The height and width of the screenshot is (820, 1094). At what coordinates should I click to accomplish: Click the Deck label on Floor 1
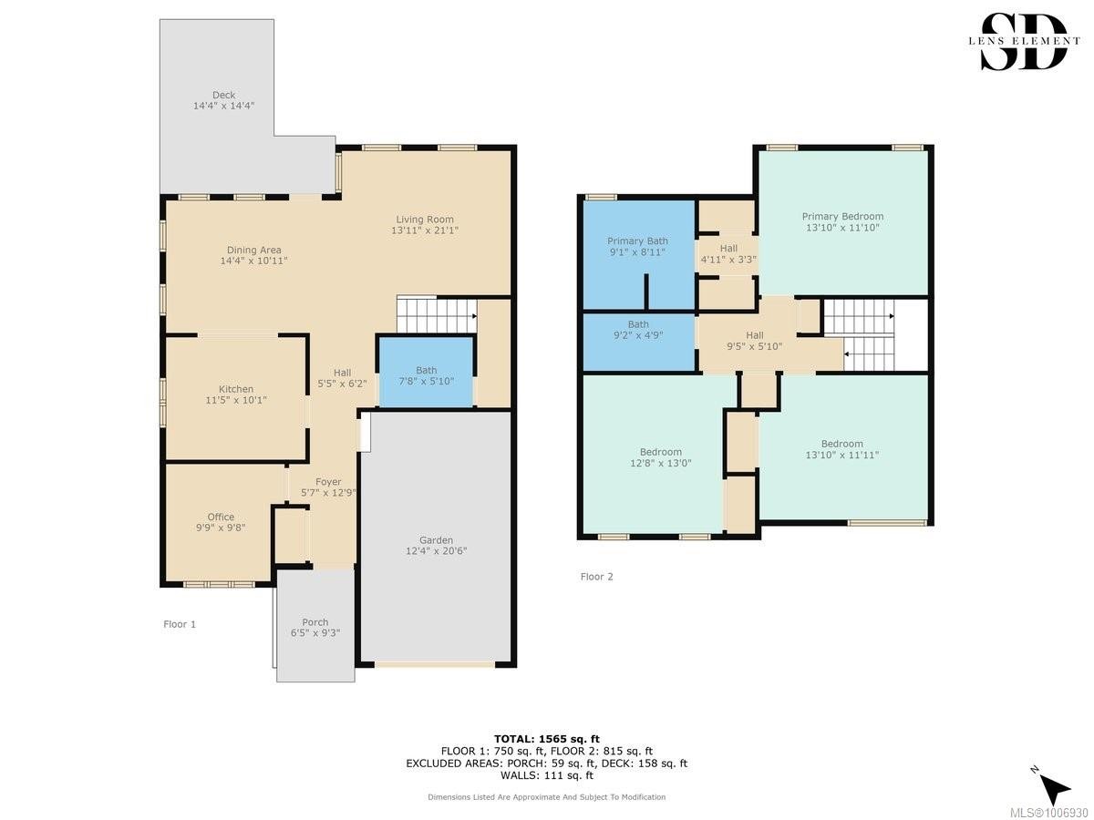223,95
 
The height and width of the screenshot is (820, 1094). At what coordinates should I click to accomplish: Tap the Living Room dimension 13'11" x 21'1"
425,231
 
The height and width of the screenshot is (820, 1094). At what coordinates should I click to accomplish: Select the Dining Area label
253,250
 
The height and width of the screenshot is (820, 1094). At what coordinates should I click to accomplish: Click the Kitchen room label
236,389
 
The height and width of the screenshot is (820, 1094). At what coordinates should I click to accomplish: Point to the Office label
221,517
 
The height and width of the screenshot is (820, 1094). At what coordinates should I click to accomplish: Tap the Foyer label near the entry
328,482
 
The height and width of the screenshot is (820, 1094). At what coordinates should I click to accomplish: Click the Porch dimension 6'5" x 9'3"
315,633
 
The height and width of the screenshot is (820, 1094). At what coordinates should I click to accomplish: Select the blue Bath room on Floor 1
426,372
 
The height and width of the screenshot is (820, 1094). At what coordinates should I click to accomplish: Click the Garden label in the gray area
436,539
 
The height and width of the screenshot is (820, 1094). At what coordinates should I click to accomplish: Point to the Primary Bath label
637,241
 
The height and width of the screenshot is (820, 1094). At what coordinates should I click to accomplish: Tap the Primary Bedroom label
842,216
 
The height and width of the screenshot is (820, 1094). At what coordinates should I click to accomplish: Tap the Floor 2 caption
596,577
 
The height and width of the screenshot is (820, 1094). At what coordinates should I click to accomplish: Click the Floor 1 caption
180,624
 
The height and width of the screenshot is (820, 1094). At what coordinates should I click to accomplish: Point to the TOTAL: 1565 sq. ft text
547,739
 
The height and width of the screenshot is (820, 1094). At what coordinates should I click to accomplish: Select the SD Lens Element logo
1025,42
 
